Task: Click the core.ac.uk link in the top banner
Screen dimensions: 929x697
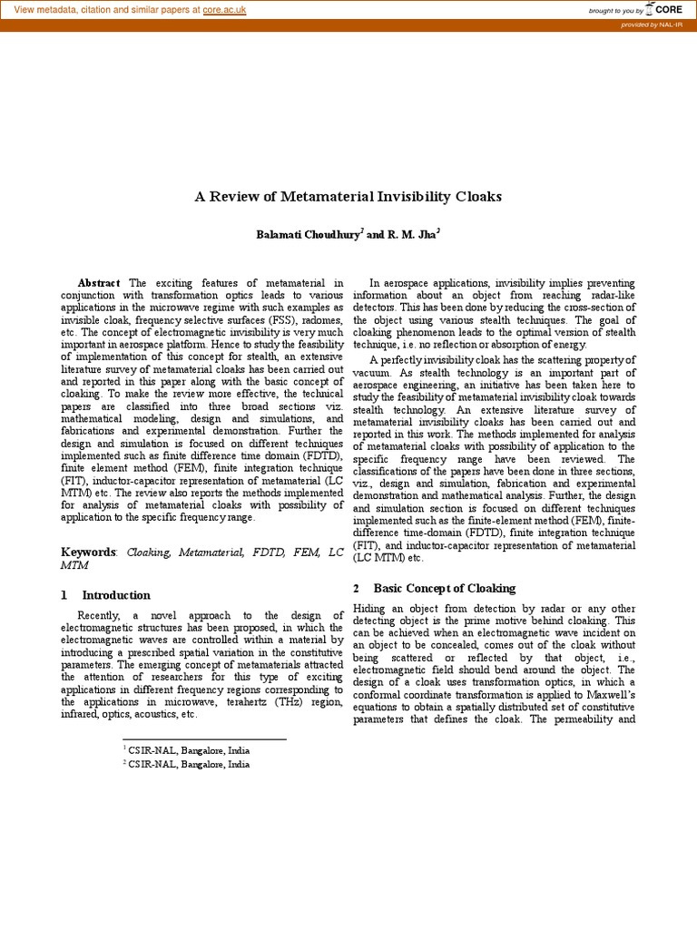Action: (224, 9)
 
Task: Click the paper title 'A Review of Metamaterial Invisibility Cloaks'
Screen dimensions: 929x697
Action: (348, 196)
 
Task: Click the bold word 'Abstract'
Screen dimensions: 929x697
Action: (99, 284)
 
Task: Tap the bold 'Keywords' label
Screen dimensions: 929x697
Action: (88, 552)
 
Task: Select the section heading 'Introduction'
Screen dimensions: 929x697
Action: (116, 595)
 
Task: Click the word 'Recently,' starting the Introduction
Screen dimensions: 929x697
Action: (102, 615)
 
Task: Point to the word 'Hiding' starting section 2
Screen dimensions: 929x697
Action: (368, 607)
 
